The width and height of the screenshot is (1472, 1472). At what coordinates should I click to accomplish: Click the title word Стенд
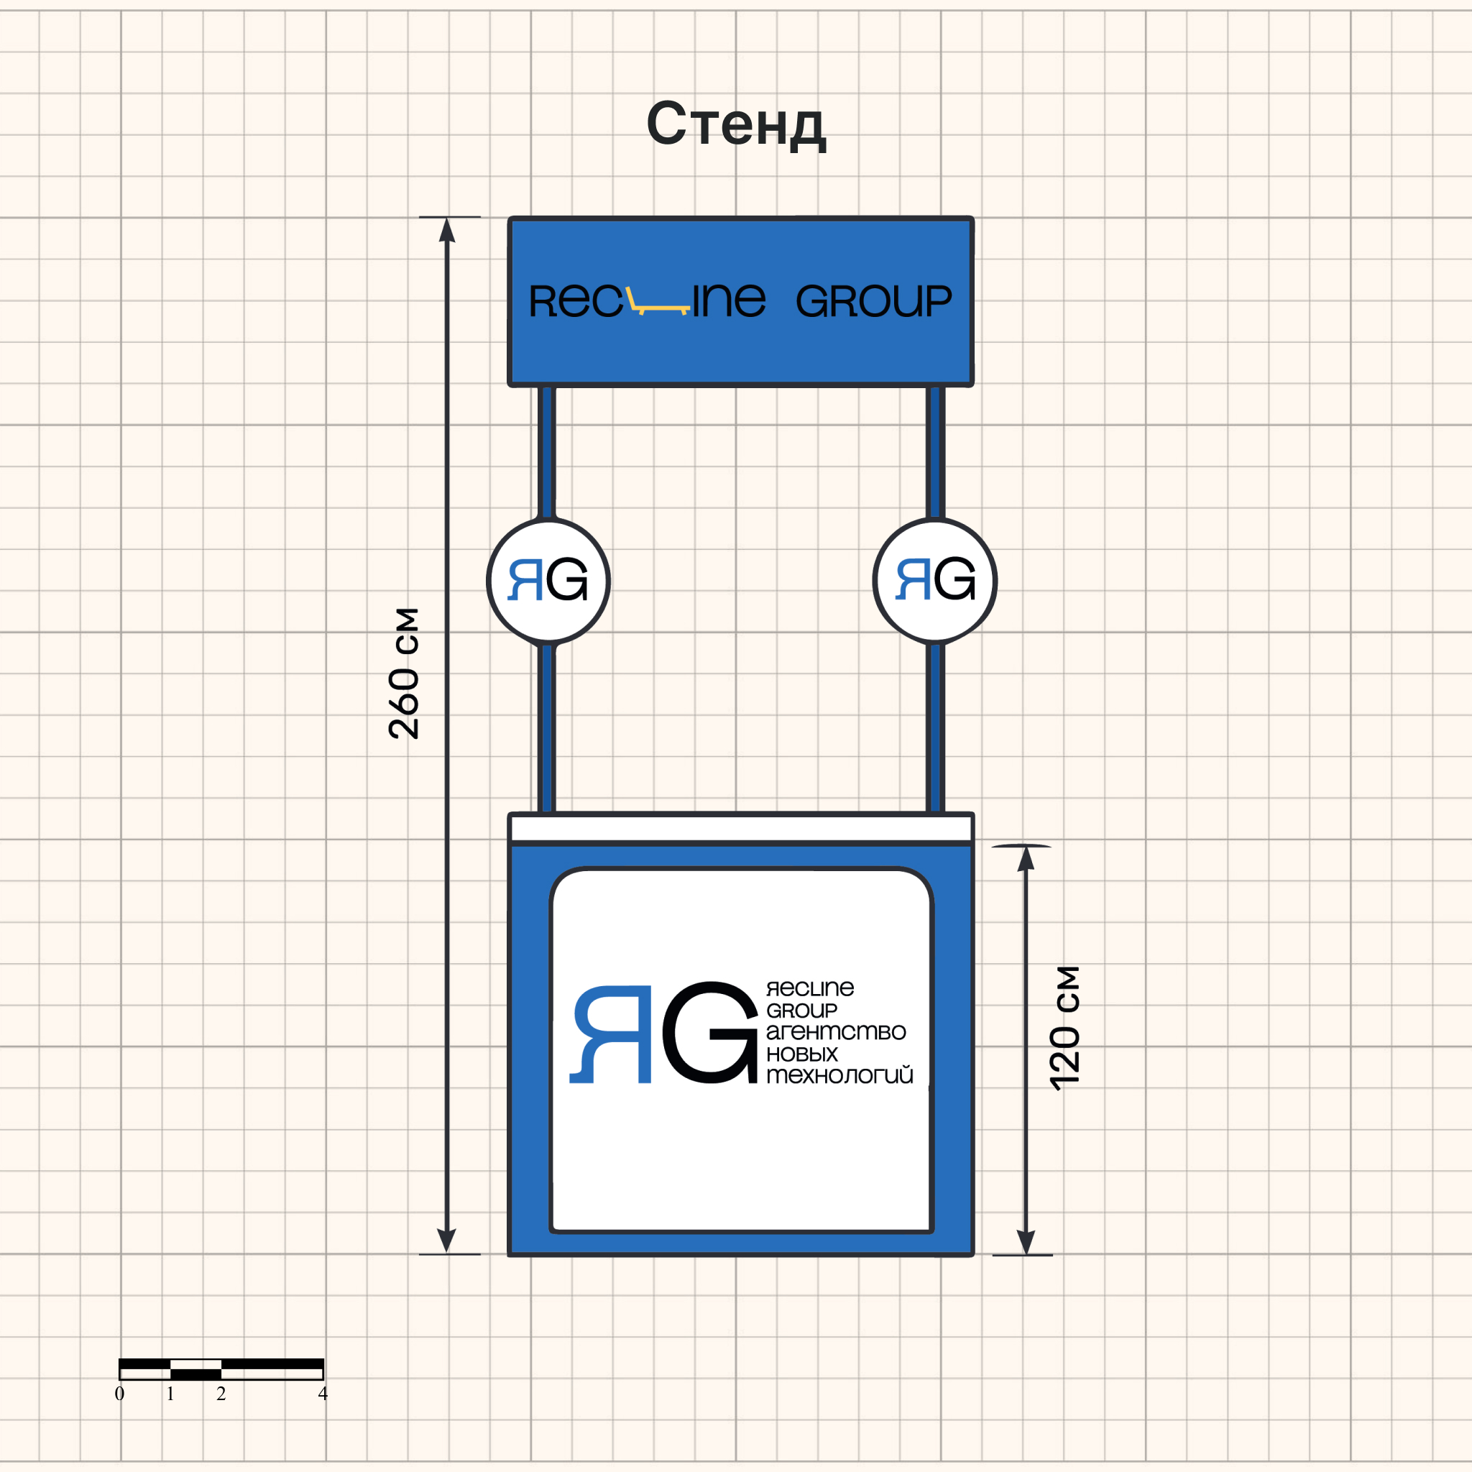(736, 124)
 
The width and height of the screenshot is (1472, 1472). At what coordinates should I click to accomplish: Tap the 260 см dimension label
(404, 673)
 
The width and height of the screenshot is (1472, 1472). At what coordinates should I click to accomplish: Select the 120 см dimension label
(1065, 1028)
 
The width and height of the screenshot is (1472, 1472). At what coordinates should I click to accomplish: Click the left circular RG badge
(548, 581)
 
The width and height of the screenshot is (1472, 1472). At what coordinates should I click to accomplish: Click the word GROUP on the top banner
(873, 301)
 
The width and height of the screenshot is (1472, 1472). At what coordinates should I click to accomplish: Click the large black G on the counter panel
(710, 1032)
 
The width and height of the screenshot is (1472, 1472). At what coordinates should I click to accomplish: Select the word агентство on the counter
(836, 1031)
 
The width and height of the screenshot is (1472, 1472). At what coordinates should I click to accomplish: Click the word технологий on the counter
(839, 1075)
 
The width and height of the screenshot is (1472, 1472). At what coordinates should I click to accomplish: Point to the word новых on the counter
(801, 1054)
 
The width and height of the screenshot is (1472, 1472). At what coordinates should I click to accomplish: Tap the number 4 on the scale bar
(323, 1394)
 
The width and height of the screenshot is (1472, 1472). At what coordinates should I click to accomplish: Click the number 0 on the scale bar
(119, 1394)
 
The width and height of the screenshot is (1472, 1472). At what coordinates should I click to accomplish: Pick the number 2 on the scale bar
(221, 1394)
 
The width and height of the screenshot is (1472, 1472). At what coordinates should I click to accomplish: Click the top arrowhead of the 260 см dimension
(447, 230)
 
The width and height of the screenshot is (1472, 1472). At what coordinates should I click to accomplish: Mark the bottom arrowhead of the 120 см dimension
(1026, 1241)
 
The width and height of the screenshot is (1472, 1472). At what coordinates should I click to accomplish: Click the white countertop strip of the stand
(740, 828)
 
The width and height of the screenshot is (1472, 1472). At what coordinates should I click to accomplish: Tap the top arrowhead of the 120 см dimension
(1026, 859)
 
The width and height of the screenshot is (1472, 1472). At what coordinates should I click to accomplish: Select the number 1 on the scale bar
(170, 1394)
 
